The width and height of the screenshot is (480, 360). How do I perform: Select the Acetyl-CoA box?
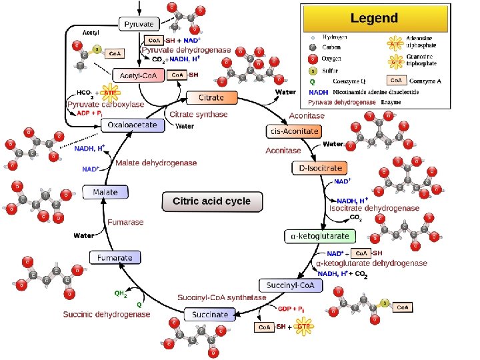click(x=139, y=75)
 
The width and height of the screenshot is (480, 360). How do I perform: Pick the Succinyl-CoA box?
click(x=290, y=285)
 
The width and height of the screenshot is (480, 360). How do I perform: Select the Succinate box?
click(x=210, y=314)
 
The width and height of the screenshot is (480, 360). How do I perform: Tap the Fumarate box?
click(x=115, y=257)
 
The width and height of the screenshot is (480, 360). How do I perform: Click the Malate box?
click(x=105, y=192)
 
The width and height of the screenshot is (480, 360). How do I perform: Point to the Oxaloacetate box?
click(x=133, y=125)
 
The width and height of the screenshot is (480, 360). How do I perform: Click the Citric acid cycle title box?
click(x=211, y=201)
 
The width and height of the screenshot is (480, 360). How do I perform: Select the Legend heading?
click(x=373, y=18)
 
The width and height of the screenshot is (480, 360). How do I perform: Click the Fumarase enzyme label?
click(x=126, y=222)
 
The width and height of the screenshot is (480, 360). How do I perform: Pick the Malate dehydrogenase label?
click(x=156, y=163)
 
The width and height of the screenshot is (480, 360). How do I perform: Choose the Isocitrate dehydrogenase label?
click(x=374, y=208)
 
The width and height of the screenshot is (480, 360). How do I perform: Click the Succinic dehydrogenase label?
click(x=107, y=314)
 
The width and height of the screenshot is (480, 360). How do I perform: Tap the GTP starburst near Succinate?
click(x=303, y=327)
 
